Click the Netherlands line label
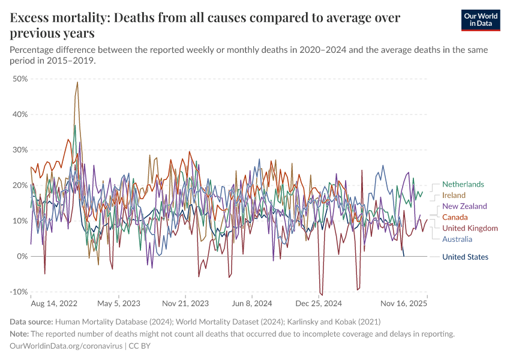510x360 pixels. [463, 185]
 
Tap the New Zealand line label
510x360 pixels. [464, 206]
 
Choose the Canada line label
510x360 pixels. [455, 217]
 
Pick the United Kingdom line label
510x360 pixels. [470, 229]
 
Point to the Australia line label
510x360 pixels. [457, 239]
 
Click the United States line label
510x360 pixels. [465, 257]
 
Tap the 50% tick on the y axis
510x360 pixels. [20, 79]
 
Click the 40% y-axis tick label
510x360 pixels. [20, 114]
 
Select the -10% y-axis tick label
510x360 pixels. [19, 292]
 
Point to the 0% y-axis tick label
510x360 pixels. [22, 256]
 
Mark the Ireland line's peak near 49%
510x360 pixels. [77, 82]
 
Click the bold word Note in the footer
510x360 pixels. [22, 334]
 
